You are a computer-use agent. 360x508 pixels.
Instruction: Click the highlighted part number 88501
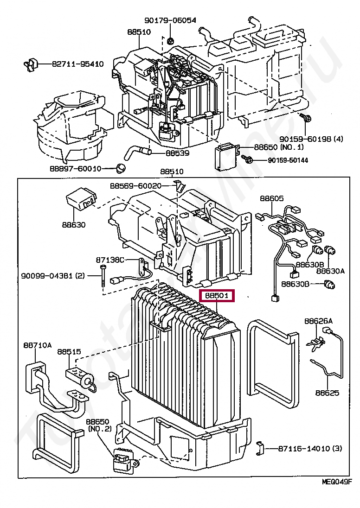click(217, 295)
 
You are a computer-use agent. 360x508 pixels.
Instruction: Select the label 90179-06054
click(170, 20)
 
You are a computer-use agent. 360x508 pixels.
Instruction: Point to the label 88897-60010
click(75, 168)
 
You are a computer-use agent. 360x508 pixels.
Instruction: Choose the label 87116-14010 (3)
click(310, 448)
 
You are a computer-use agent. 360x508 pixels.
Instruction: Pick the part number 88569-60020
click(135, 185)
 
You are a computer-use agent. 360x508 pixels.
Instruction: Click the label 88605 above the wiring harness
click(271, 198)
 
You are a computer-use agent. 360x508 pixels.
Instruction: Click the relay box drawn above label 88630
click(81, 199)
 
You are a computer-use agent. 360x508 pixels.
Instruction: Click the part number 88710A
click(38, 345)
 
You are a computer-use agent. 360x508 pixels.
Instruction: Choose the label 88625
click(327, 393)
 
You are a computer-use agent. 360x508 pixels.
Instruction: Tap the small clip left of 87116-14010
click(261, 448)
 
